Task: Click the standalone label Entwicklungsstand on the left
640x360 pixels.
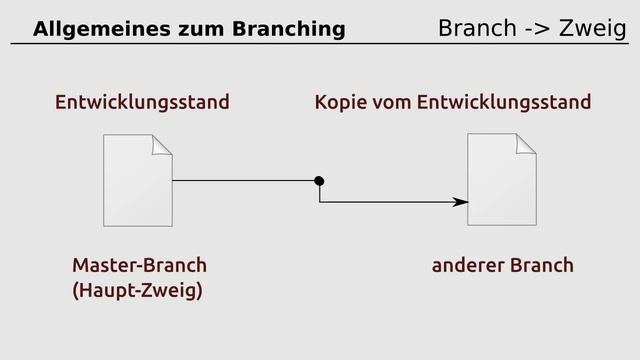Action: coord(142,103)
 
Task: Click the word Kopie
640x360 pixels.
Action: coord(339,103)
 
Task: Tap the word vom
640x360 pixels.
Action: coord(390,103)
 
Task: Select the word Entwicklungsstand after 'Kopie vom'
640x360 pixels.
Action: coord(504,103)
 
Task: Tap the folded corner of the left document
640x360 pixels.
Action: coord(162,145)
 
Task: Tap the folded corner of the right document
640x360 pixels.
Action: coord(526,145)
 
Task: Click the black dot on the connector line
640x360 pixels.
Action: coord(319,181)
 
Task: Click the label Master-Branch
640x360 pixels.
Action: coord(139,266)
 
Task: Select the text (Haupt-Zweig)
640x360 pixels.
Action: coord(137,292)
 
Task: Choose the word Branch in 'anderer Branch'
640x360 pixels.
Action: coord(542,266)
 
